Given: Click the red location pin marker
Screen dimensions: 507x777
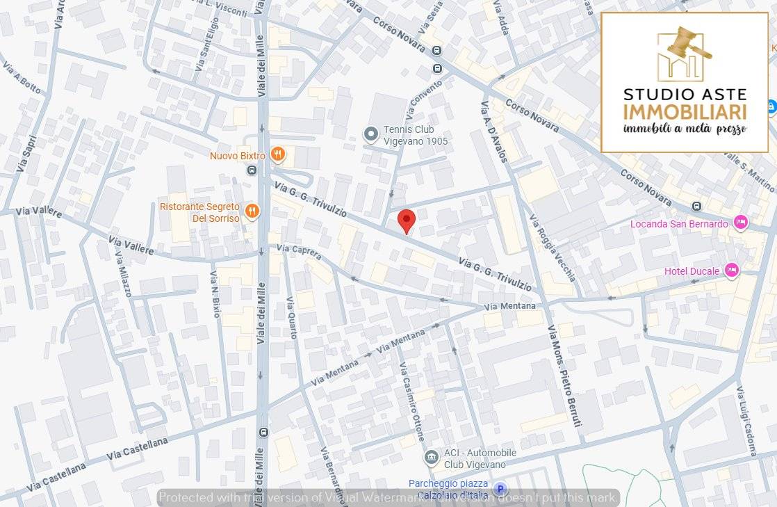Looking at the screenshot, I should tap(407, 220).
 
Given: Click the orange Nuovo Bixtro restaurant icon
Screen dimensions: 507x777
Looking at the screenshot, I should tap(277, 154).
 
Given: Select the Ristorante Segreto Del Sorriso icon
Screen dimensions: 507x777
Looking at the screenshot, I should tap(252, 211).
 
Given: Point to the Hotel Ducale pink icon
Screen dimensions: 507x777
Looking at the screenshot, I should tap(731, 270).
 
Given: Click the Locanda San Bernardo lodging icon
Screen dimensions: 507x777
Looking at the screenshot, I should tap(741, 223).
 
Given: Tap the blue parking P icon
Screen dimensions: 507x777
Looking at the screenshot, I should tap(500, 490).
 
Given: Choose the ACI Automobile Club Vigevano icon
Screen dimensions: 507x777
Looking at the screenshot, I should tap(431, 457).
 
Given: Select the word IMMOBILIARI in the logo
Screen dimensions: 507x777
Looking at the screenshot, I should tap(685, 113).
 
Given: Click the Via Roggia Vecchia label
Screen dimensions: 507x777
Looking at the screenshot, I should tap(553, 247).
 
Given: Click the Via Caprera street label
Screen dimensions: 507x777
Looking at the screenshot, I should tap(299, 252).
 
